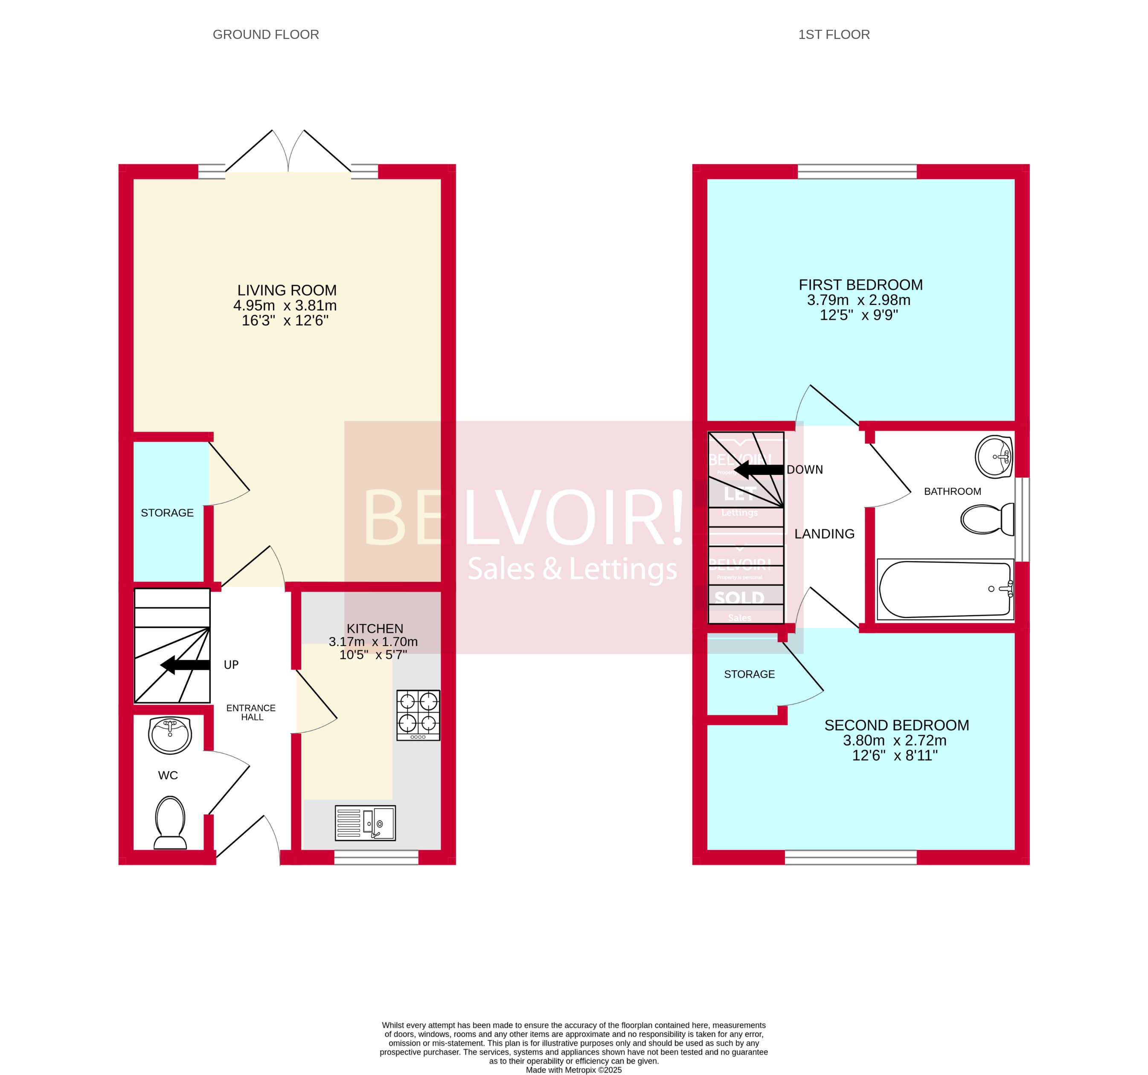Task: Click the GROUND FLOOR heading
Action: coord(266,35)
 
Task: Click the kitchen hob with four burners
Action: coord(418,715)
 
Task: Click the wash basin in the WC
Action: coord(170,735)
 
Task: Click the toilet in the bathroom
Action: coord(988,519)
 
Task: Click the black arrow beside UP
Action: coord(185,665)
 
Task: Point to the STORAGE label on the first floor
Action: coord(749,674)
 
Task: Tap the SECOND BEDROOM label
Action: coord(896,725)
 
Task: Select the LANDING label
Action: coord(824,534)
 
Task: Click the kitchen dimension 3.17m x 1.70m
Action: coord(373,642)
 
